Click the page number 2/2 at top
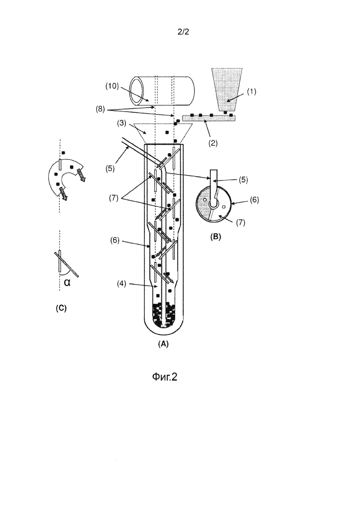click(183, 31)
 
